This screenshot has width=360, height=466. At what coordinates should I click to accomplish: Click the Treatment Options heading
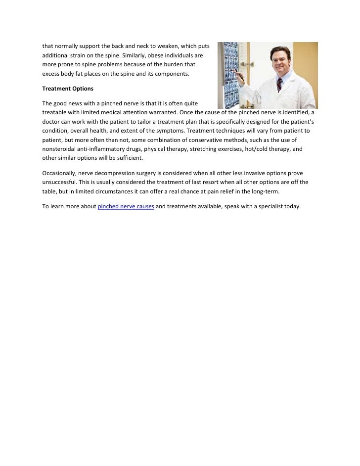[64, 89]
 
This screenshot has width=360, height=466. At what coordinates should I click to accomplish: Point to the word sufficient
[128, 158]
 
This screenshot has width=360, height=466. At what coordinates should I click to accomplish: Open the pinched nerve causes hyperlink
[126, 207]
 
